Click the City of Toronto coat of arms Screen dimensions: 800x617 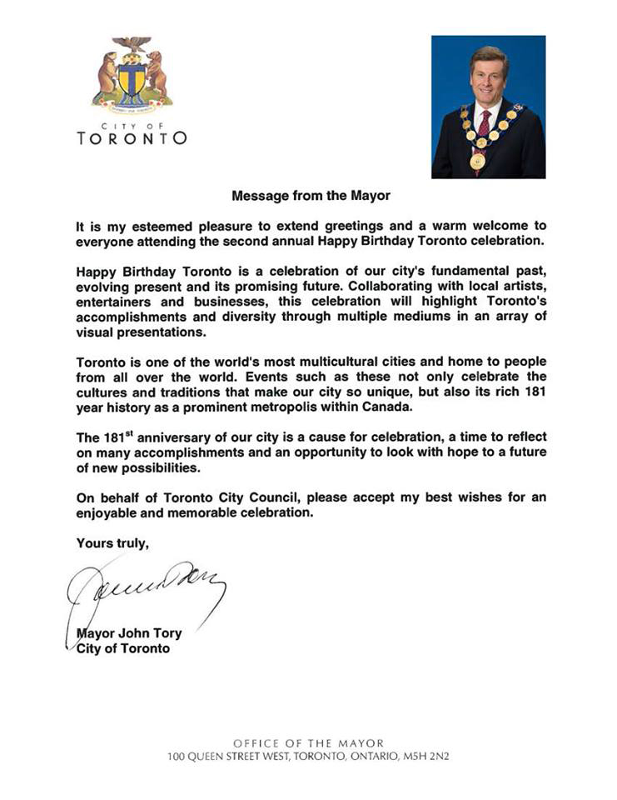[132, 77]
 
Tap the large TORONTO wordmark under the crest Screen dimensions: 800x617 [132, 138]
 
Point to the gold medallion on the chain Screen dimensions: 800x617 [477, 161]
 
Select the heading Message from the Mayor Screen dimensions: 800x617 [311, 197]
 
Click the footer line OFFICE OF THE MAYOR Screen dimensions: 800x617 [309, 742]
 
